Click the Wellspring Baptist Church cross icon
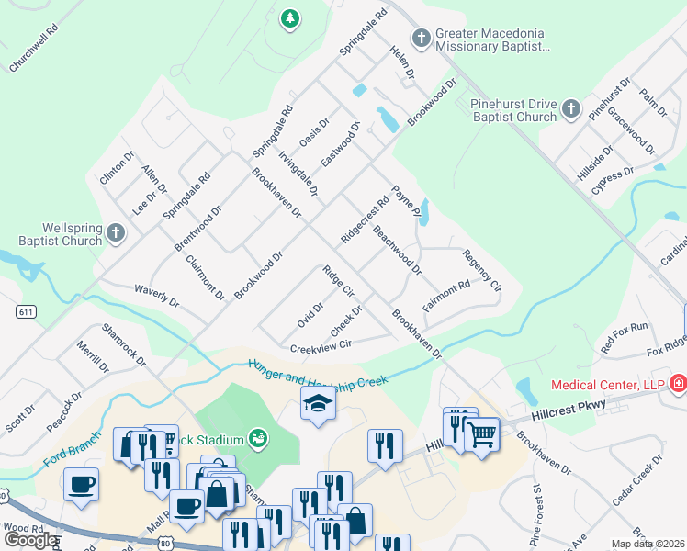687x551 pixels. coord(116,233)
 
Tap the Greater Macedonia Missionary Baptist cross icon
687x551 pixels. coord(421,38)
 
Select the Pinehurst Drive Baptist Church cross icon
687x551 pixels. coord(570,109)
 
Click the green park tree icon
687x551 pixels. coord(290,17)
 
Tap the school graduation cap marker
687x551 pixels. coord(318,403)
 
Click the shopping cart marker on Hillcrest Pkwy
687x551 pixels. coord(481,434)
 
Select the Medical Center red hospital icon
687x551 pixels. coord(678,383)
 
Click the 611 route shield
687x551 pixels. coord(26,312)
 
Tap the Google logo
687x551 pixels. coord(30,539)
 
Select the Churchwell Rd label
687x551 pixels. coord(34,55)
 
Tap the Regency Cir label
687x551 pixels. coord(482,271)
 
